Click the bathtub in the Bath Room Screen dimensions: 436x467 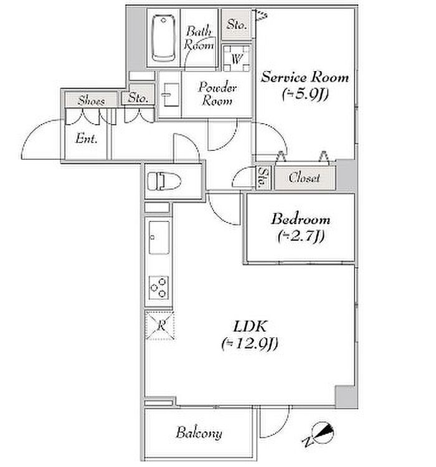point(163,38)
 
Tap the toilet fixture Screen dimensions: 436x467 point(164,180)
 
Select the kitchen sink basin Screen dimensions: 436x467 point(159,238)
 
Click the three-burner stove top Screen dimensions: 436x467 point(159,287)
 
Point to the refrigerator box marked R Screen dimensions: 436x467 point(160,325)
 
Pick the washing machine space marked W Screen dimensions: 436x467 point(237,58)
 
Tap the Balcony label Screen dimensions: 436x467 point(199,433)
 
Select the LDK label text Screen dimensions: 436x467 point(250,327)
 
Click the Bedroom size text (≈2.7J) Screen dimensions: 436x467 point(301,237)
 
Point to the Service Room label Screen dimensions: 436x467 point(305,77)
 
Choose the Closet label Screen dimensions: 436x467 point(304,178)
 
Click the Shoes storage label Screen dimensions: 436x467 point(92,100)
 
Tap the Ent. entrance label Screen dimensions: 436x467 point(86,138)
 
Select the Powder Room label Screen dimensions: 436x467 point(217,94)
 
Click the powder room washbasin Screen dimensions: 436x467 point(171,95)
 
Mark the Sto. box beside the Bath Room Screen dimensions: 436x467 point(237,24)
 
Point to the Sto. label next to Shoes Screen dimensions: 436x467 point(138,98)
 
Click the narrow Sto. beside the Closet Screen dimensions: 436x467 point(263,178)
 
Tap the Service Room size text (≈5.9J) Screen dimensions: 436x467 point(305,95)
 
